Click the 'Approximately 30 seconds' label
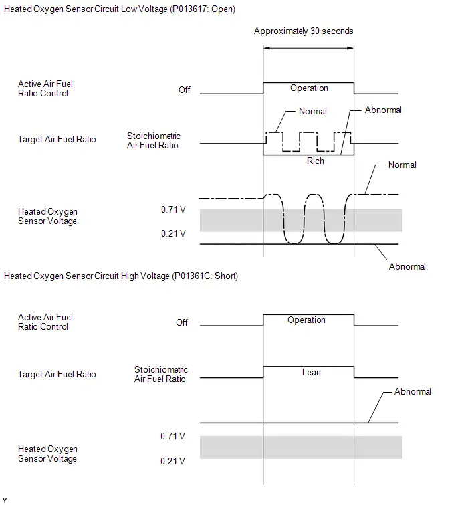pos(304,31)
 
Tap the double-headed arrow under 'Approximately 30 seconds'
pos(308,48)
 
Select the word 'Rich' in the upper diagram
pos(315,161)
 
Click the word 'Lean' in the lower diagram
pos(312,373)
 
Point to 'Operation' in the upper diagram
pos(309,88)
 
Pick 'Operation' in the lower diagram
pos(306,320)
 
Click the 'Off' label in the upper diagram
pos(185,90)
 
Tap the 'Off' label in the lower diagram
pos(182,322)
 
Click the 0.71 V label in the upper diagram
pos(173,209)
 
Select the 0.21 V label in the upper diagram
pos(173,233)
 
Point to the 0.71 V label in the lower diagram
pos(172,436)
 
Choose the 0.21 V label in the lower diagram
pos(172,462)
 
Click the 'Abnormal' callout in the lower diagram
pos(413,392)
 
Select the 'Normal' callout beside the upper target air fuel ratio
pos(312,112)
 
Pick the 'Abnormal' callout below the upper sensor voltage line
pos(407,267)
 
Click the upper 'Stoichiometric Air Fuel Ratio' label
pos(153,140)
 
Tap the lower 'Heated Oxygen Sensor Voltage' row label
pos(47,453)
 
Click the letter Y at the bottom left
pos(5,500)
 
